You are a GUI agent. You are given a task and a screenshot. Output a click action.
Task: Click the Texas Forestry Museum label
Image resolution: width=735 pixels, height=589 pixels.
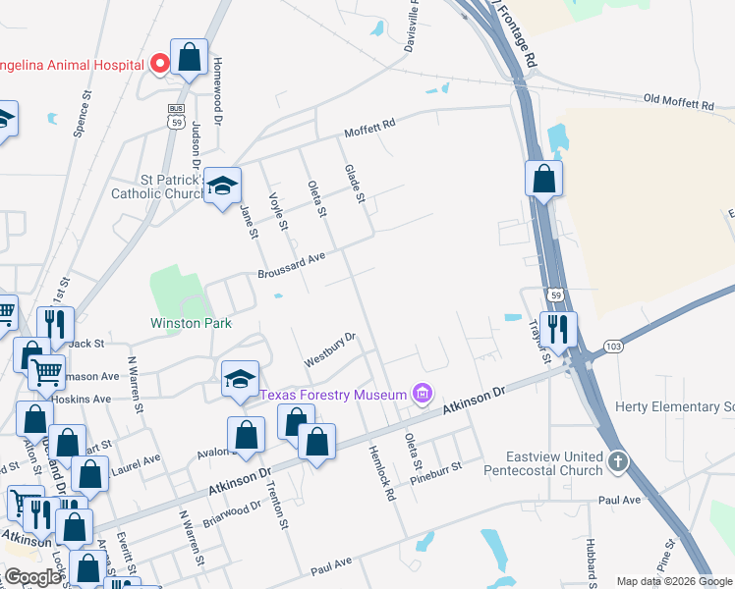[333, 395]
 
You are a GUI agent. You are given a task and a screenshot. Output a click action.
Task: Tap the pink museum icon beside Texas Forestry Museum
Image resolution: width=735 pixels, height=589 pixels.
[423, 395]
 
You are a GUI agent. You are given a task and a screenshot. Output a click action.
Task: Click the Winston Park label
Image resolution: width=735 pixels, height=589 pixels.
[191, 322]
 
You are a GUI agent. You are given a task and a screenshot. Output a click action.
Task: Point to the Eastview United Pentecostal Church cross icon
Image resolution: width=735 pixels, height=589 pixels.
[617, 460]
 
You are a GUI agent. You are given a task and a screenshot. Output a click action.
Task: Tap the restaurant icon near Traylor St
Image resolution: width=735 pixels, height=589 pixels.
[558, 329]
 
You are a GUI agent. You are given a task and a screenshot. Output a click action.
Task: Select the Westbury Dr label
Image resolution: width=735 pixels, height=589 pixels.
[329, 348]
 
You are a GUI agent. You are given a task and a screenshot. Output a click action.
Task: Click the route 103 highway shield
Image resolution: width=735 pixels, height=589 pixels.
[614, 347]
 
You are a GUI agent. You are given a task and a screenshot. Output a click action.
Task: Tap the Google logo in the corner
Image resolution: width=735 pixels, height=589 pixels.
[32, 577]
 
